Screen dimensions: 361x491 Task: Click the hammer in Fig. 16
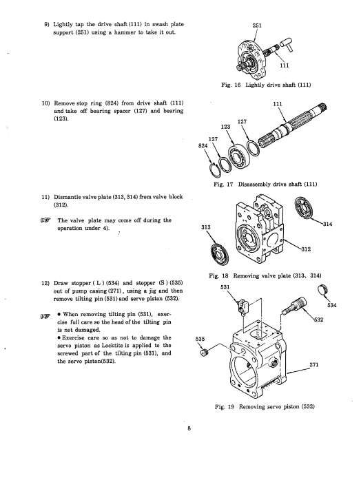(287, 45)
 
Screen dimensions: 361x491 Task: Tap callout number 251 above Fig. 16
(257, 25)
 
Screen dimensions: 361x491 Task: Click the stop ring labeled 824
(215, 170)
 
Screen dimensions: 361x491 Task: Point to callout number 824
(203, 145)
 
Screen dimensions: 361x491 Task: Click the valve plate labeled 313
(220, 253)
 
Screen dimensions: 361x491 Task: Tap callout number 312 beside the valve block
(305, 249)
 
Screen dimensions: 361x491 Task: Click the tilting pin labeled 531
(243, 306)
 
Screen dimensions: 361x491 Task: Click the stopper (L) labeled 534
(323, 290)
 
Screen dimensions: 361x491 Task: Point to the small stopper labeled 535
(205, 353)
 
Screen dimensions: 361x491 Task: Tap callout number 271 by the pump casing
(313, 364)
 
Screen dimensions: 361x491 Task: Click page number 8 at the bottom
(189, 428)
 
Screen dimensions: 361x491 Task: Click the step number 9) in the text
(47, 24)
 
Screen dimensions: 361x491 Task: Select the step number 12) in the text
(45, 283)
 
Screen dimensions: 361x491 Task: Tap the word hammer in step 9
(125, 32)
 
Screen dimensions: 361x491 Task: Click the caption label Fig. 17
(223, 184)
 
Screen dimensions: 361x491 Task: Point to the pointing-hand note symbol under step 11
(45, 220)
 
